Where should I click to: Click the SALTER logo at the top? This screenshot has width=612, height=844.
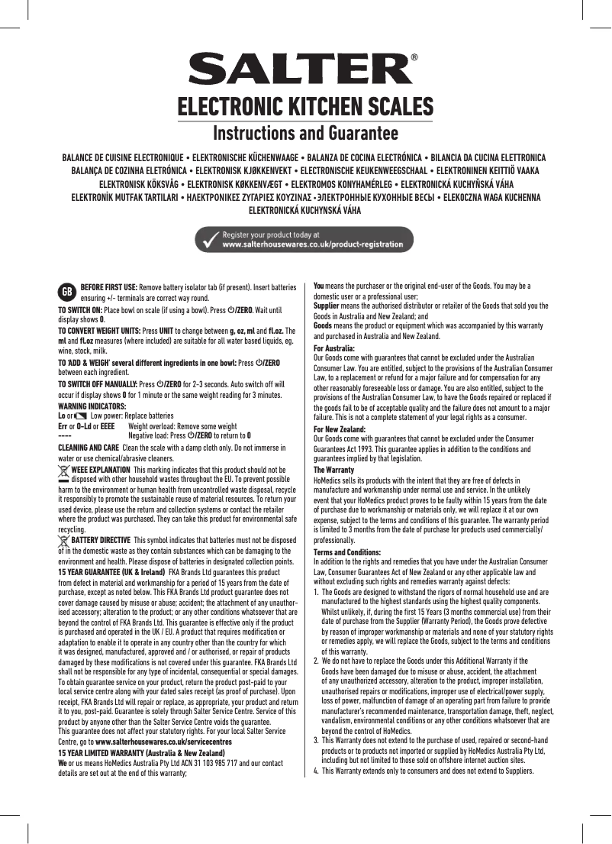tap(300, 70)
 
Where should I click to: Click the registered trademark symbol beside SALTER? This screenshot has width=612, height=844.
tap(414, 57)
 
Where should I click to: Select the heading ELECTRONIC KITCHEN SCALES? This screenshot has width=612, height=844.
tap(305, 107)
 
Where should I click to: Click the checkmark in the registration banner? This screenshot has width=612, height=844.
tap(207, 239)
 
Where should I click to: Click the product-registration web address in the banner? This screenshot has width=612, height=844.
tap(312, 244)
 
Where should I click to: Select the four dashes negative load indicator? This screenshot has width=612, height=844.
tap(66, 436)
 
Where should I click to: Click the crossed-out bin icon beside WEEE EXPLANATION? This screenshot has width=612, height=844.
tap(63, 470)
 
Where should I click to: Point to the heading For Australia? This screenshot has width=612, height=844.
tap(334, 348)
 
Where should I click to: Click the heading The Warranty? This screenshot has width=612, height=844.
tap(334, 470)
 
